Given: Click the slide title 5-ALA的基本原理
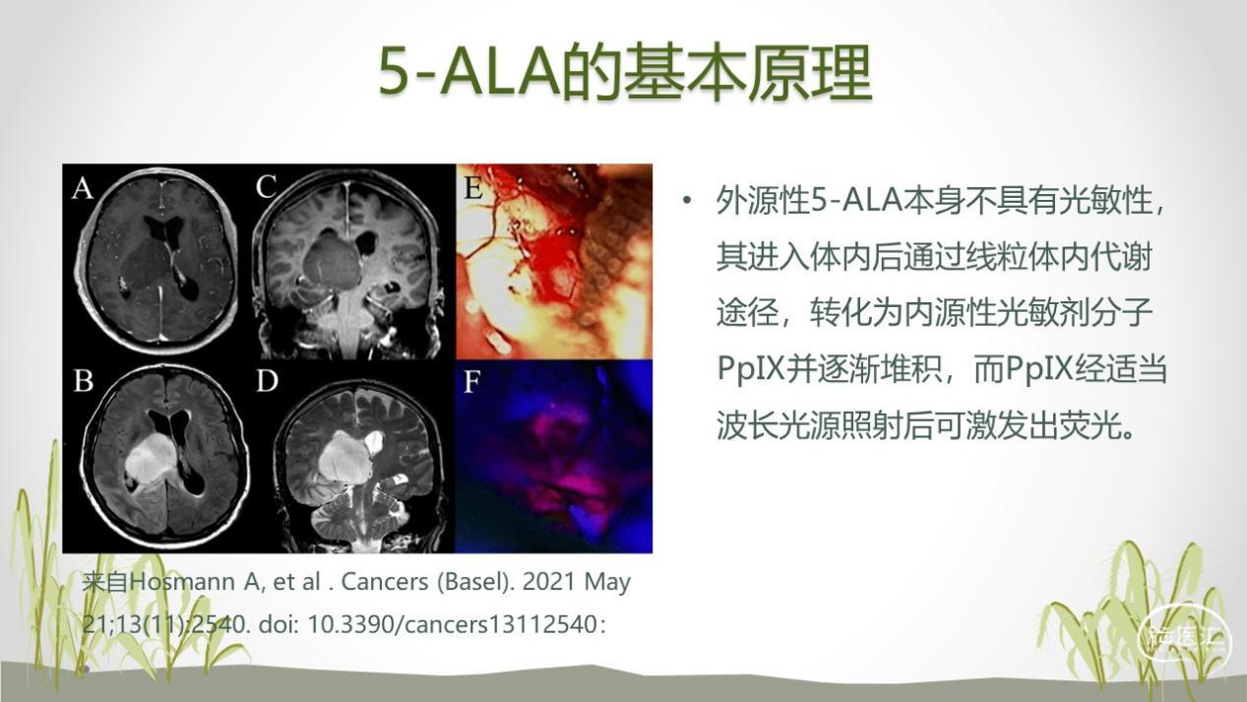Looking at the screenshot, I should [x=624, y=71].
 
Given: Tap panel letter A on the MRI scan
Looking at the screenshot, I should [x=82, y=187].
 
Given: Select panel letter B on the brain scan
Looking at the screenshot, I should [x=82, y=380].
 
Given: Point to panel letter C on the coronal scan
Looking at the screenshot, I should [x=266, y=187].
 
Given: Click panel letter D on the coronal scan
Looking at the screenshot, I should [x=266, y=380].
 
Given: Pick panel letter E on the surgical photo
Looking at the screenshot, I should [x=473, y=187].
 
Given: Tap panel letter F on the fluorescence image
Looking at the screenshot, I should [x=471, y=381].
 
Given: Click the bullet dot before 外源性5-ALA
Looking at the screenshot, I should [x=688, y=202].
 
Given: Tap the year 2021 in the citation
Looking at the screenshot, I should [x=548, y=582].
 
